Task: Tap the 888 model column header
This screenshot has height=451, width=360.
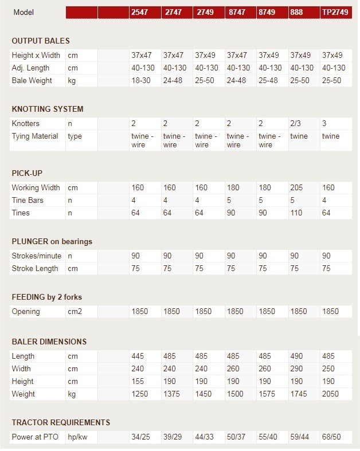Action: click(297, 12)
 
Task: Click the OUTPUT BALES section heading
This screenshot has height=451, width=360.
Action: click(49, 41)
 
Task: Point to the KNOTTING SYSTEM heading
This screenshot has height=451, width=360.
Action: click(48, 109)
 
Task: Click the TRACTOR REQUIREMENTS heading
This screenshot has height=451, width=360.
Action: click(61, 422)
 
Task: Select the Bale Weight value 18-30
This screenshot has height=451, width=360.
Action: click(140, 81)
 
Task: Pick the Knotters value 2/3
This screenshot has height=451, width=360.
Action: click(296, 124)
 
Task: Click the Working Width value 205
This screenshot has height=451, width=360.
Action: click(297, 187)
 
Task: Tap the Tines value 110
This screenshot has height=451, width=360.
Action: click(297, 213)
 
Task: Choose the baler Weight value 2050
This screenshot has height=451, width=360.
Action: click(331, 394)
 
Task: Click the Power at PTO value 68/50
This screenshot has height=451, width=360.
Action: click(331, 437)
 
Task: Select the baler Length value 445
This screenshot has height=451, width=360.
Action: click(138, 356)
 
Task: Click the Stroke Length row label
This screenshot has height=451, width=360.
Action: click(35, 268)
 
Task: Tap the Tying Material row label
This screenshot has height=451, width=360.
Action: click(35, 136)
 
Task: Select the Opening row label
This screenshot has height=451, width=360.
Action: click(26, 312)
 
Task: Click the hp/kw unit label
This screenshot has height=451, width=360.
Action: click(79, 437)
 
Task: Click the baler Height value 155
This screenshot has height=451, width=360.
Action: click(138, 381)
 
